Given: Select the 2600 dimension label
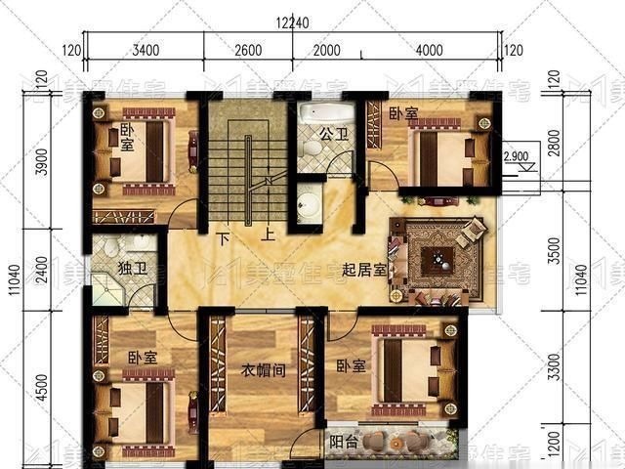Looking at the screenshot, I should click(x=248, y=50).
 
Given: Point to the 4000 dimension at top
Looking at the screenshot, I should click(x=429, y=50).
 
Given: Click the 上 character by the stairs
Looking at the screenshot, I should click(x=266, y=235).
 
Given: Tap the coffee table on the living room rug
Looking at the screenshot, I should click(x=438, y=260).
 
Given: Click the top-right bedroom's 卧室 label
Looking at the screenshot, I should click(x=402, y=114).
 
